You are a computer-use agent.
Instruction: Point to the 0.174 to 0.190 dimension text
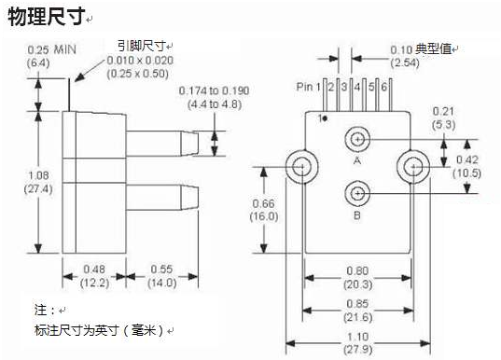pyautogui.click(x=215, y=90)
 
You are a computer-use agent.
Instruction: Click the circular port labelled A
pyautogui.click(x=356, y=140)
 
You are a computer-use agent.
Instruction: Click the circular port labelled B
pyautogui.click(x=356, y=194)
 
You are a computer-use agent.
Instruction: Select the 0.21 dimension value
pyautogui.click(x=442, y=112)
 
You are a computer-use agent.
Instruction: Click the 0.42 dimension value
pyautogui.click(x=466, y=160)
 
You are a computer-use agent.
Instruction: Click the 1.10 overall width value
pyautogui.click(x=356, y=337)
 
